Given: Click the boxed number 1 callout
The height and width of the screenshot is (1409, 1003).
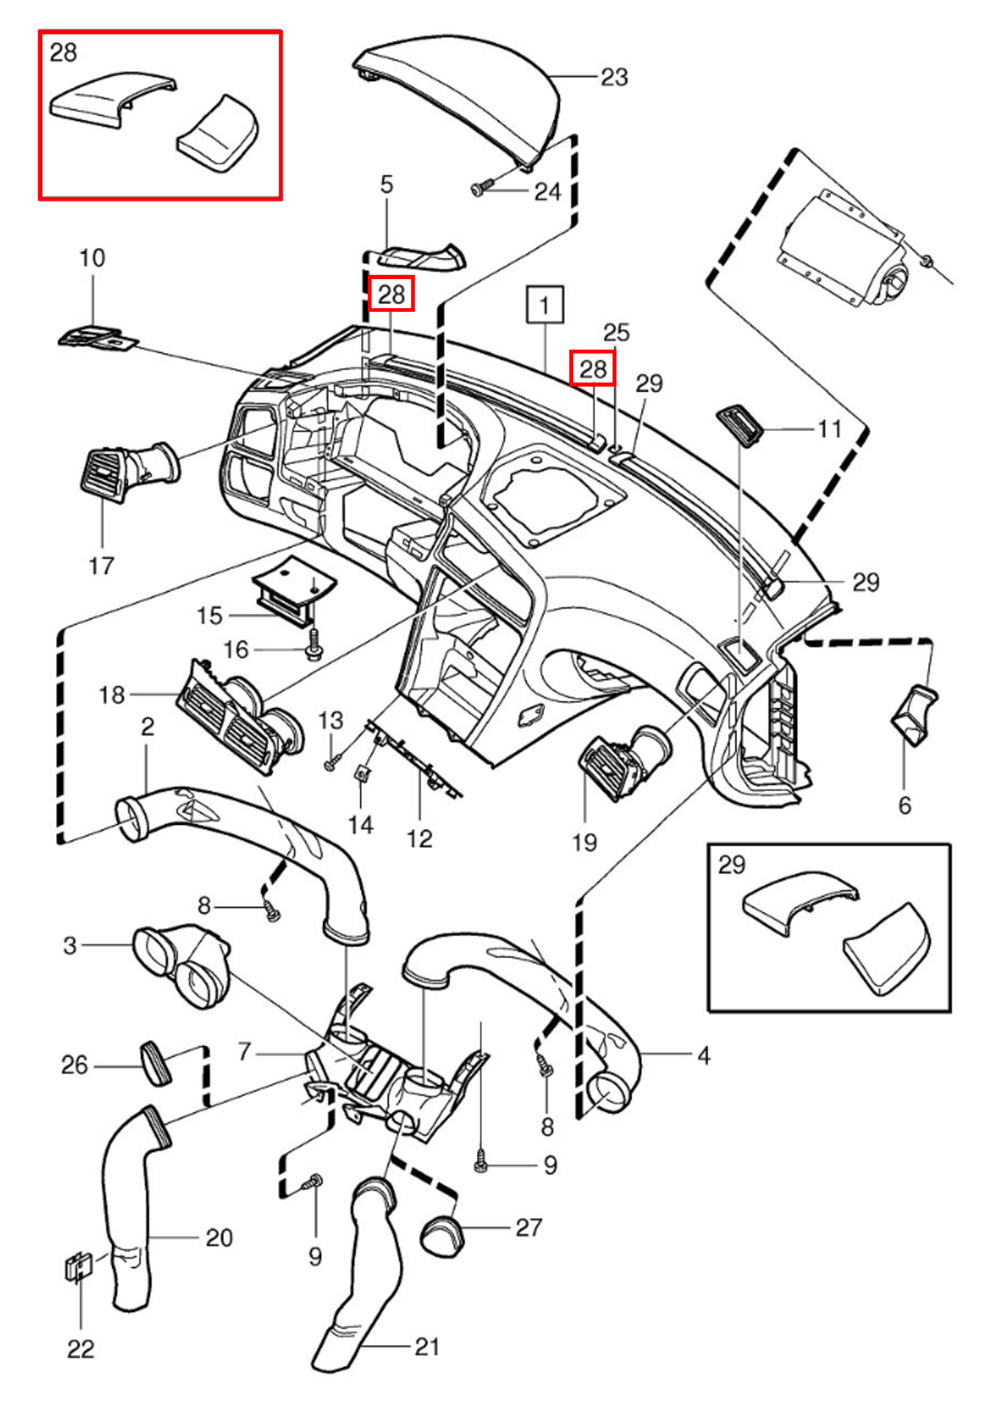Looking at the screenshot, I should tap(544, 306).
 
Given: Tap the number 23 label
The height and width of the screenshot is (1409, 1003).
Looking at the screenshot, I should tap(614, 77).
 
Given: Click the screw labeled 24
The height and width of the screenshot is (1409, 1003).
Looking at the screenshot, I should tap(480, 188).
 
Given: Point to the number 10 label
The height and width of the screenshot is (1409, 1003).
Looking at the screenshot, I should tap(92, 258).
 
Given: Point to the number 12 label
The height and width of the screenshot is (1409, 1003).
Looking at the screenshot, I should tap(419, 838).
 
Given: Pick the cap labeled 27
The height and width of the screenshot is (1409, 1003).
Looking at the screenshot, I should tap(444, 1234).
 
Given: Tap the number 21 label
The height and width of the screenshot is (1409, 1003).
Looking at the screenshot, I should tap(427, 1346).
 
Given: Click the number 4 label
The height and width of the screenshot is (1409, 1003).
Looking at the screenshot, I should tap(703, 1055).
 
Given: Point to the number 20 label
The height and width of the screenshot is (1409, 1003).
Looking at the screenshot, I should tap(218, 1238).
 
